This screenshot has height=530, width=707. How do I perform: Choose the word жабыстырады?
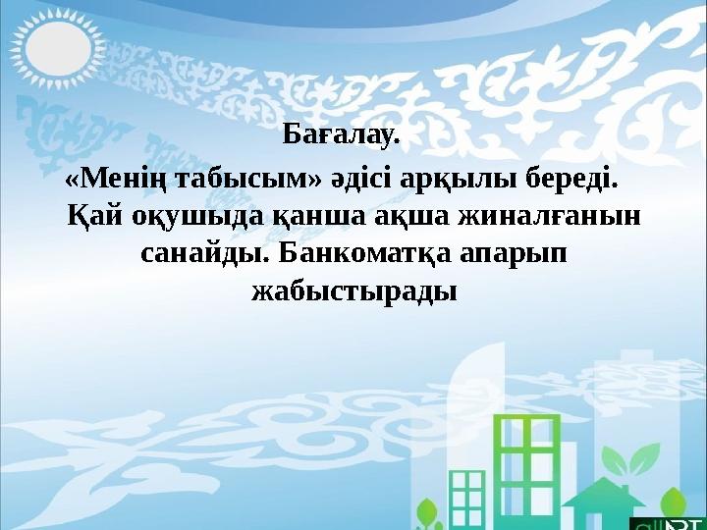pos(354,291)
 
